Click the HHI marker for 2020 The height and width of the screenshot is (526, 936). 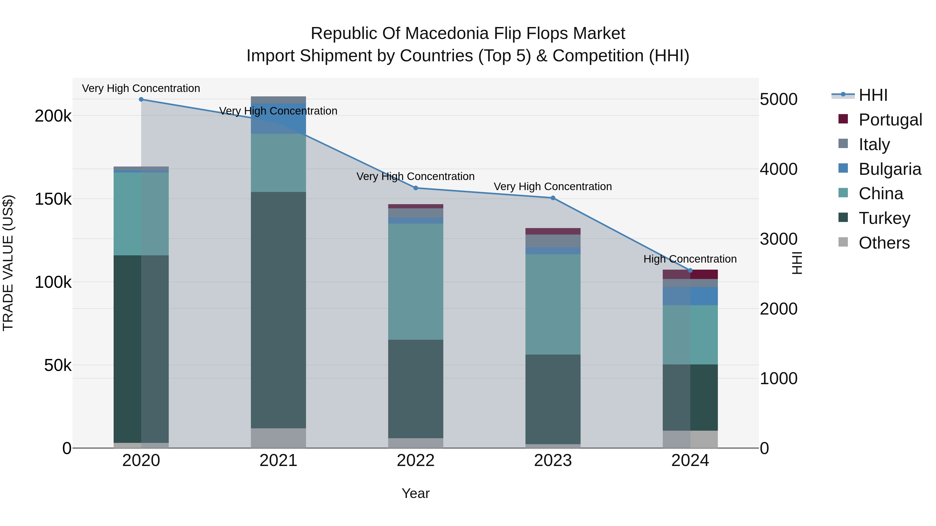pos(141,99)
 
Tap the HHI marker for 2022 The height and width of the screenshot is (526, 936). pos(416,188)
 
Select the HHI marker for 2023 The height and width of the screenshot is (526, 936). pos(553,198)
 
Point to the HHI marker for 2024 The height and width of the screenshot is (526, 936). pos(690,270)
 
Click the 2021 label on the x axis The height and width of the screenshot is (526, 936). pos(278,461)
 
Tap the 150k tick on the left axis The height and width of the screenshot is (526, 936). pos(53,199)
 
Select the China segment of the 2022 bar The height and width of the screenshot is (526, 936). pos(416,281)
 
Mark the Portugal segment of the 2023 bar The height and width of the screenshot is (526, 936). pos(553,231)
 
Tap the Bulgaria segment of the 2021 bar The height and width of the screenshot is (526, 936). pos(278,118)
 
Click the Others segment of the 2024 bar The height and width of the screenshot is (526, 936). pos(690,439)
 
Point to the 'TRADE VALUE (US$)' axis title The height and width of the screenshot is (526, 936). pos(8,263)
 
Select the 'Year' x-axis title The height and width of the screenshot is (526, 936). pos(416,493)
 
